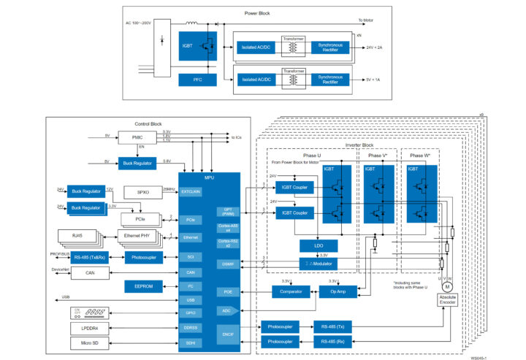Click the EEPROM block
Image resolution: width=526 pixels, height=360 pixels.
point(138,286)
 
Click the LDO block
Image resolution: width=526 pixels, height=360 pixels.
point(318,245)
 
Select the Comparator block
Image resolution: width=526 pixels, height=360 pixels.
point(291,291)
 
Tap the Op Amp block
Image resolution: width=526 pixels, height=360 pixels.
point(337,291)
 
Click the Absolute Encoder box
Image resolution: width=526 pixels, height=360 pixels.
point(447,301)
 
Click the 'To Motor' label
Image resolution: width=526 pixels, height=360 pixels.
point(365,20)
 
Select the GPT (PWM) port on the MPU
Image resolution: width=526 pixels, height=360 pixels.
point(226,212)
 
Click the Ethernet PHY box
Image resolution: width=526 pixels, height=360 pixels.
point(137,237)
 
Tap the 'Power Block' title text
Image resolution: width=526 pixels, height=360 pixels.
point(260,14)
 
